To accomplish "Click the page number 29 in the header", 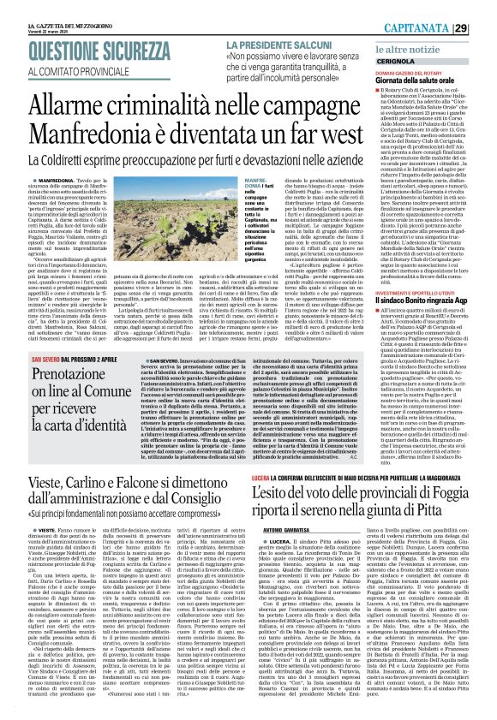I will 484,29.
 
